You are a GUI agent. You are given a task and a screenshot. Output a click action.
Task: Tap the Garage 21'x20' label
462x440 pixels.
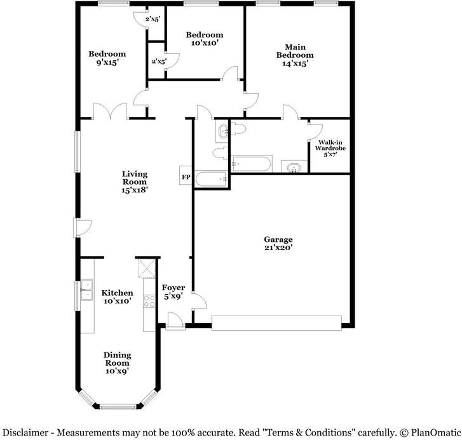(x=278, y=243)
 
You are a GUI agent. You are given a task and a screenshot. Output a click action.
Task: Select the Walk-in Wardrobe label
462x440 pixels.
(x=330, y=149)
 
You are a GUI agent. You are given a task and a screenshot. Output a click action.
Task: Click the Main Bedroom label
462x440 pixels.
(x=295, y=55)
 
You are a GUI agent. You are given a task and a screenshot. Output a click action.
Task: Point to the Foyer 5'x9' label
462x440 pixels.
(x=173, y=291)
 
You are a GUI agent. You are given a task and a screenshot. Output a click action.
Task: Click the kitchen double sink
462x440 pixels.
(x=86, y=290)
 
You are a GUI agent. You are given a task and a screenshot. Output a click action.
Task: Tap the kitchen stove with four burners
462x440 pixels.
(x=149, y=302)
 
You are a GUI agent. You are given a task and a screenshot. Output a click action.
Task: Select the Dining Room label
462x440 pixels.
(x=117, y=363)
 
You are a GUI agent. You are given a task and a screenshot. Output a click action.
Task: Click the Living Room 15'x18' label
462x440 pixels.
(x=135, y=182)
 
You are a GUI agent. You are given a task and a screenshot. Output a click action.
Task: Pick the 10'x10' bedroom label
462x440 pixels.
(x=205, y=39)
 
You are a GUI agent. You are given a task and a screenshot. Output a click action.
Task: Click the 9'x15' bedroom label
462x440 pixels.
(x=107, y=58)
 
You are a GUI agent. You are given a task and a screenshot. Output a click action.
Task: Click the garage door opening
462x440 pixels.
(x=276, y=323)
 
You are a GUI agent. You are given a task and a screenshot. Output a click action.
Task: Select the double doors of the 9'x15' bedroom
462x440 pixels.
(x=111, y=111)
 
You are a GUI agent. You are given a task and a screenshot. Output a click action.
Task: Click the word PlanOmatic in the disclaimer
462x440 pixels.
(x=435, y=432)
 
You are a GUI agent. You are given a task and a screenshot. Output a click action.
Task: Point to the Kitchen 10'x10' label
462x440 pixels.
(x=118, y=297)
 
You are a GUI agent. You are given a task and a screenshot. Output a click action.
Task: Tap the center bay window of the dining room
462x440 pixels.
(x=118, y=407)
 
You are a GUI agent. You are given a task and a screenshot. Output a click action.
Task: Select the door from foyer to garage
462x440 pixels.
(x=200, y=300)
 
